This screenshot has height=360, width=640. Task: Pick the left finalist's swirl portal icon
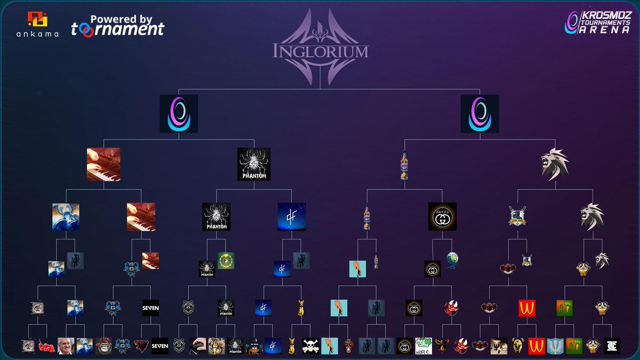(x=179, y=114)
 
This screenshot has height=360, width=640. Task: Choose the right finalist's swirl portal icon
(x=479, y=114)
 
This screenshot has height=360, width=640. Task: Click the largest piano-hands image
(x=103, y=164)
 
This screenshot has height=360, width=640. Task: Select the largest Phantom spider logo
(x=254, y=164)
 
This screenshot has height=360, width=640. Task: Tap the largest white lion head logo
(x=555, y=164)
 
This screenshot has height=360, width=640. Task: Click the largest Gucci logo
(x=442, y=217)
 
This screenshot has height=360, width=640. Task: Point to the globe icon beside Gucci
(x=452, y=260)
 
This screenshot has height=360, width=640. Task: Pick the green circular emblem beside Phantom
(x=226, y=261)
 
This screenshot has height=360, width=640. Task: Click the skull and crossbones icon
(x=310, y=346)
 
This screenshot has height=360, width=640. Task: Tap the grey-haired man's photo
(x=66, y=346)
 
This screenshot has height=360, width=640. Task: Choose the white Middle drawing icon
(x=423, y=346)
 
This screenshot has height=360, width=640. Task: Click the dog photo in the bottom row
(x=499, y=346)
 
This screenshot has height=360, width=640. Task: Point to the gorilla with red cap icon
(x=103, y=346)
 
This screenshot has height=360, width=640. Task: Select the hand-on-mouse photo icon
(x=198, y=346)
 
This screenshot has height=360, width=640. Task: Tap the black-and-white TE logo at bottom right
(x=612, y=346)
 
